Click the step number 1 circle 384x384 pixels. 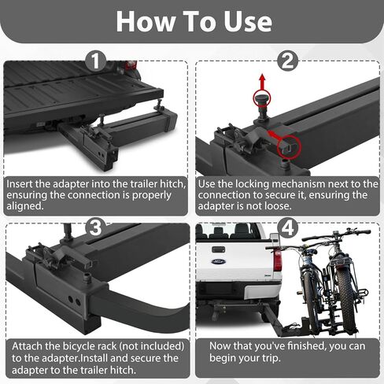[x=96, y=61]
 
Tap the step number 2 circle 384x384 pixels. [x=288, y=61]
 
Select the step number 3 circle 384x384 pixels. [x=96, y=227]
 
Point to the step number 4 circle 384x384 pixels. [x=288, y=227]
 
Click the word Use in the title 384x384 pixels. [x=247, y=22]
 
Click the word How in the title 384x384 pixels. [x=146, y=22]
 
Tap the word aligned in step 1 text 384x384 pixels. [x=25, y=206]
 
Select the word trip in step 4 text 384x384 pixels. [x=271, y=358]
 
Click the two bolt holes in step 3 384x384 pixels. [x=74, y=301]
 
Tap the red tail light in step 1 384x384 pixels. [x=131, y=65]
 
